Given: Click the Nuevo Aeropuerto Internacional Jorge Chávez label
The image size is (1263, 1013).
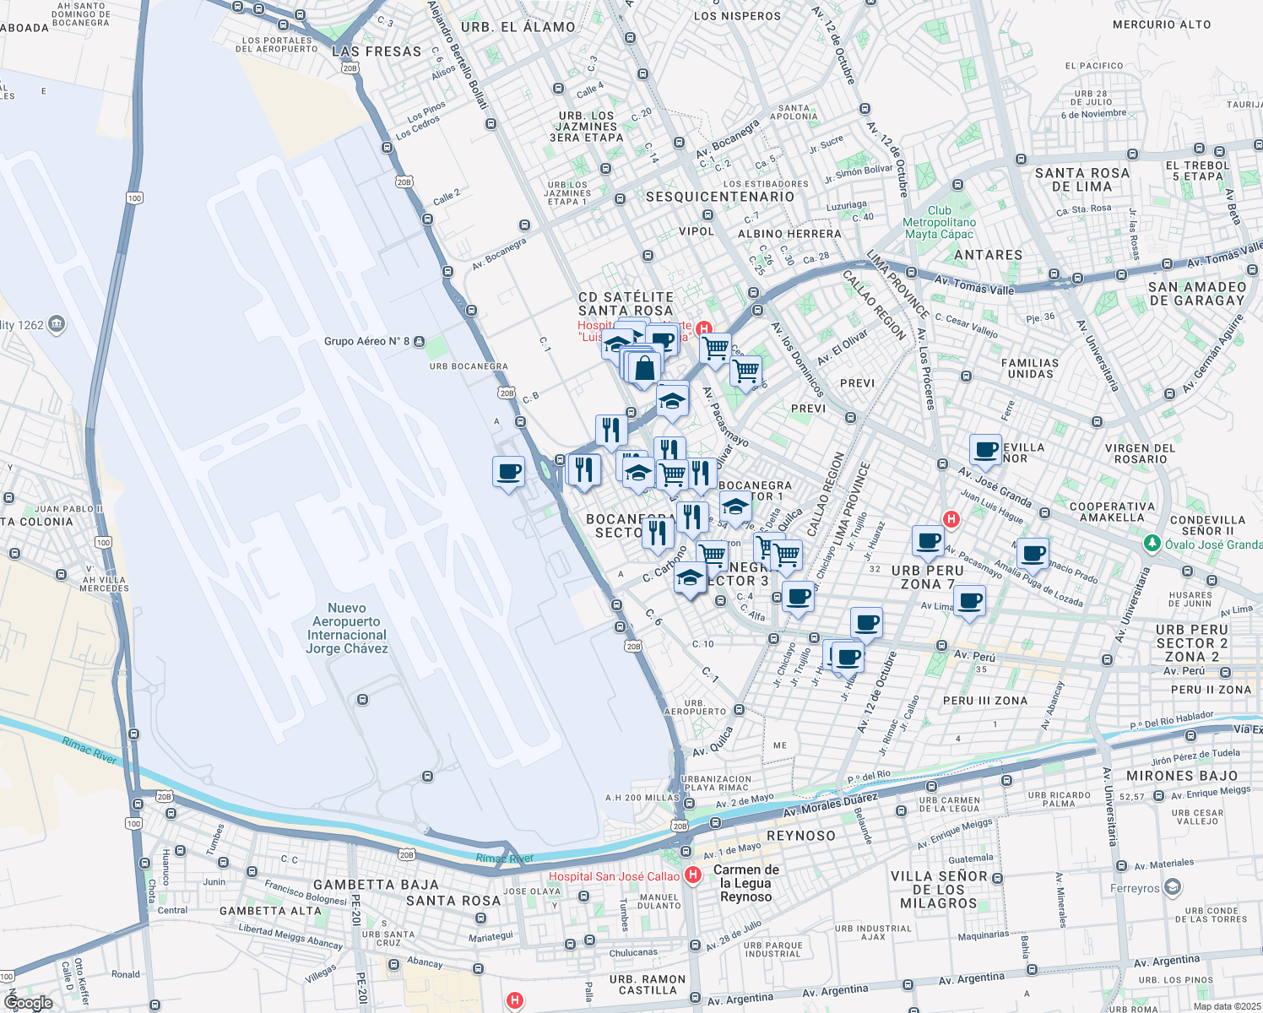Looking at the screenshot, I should [347, 628].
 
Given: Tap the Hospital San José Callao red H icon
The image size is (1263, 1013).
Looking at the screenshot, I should [693, 875].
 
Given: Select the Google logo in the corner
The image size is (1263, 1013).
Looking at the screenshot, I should [28, 1003].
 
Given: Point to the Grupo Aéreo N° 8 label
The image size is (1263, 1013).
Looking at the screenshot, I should [366, 342].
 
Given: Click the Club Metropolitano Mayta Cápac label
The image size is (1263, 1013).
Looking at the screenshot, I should [939, 222].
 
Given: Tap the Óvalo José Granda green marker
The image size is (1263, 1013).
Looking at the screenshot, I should [1152, 544].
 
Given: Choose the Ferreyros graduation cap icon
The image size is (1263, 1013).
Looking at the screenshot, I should [1172, 887].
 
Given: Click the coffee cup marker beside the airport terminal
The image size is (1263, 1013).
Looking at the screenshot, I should [508, 472].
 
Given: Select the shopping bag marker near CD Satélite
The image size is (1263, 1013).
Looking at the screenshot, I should [644, 369].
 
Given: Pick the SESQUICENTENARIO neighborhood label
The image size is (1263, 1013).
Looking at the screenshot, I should [720, 197].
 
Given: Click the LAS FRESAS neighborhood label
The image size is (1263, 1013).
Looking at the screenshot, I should [377, 51].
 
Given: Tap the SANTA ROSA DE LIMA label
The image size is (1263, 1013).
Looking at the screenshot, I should [1082, 180].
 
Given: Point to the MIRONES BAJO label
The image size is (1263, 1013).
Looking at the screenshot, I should [1182, 776].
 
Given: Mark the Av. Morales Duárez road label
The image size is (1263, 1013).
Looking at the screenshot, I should [831, 804].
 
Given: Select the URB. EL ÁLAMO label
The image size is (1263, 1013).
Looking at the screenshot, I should [518, 27].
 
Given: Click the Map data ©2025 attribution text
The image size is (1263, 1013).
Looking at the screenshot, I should [1226, 1006].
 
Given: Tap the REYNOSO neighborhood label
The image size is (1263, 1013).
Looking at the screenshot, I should [800, 836].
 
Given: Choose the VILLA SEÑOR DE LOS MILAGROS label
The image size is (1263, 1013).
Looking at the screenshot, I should [939, 890].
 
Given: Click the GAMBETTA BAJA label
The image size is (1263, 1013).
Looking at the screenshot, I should [376, 885].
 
